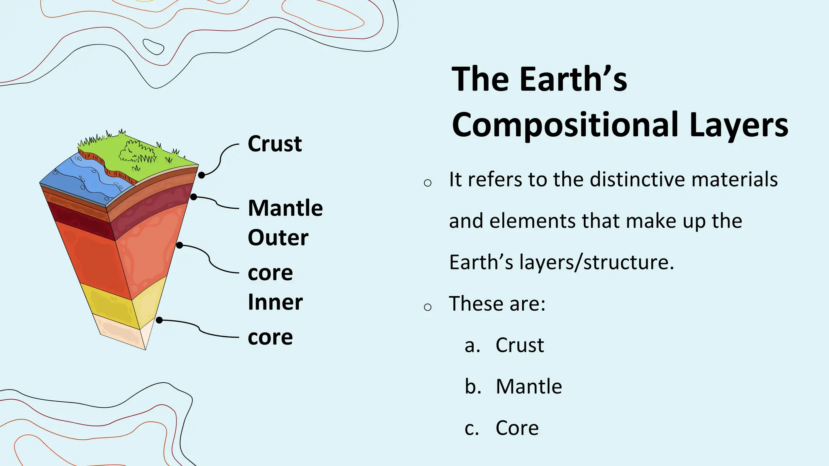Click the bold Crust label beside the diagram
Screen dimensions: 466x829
274,144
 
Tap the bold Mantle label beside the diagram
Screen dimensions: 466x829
285,208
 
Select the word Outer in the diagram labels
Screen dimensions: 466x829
278,237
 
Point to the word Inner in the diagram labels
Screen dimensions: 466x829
275,302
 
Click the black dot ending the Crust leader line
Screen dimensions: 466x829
201,175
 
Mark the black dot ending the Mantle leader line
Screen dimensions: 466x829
193,197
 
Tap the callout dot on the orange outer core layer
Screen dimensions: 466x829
179,245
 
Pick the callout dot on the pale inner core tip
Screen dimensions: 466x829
159,320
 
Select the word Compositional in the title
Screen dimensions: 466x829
565,125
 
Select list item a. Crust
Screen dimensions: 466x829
504,345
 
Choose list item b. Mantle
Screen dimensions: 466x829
513,386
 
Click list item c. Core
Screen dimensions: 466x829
502,428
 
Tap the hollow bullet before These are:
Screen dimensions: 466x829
427,307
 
